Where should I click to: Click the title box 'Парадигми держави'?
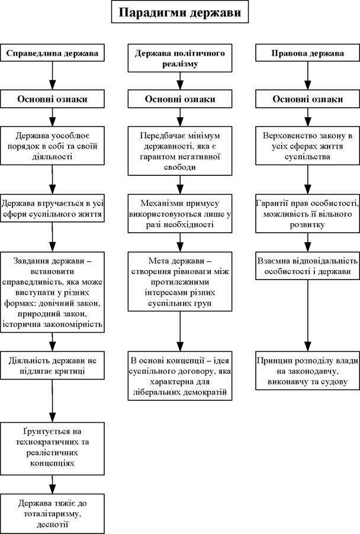coord(180,12)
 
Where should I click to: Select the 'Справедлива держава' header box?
coord(52,53)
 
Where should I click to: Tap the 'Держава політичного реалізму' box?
coord(180,58)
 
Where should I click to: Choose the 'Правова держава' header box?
coord(307,53)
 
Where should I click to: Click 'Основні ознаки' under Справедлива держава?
coord(52,99)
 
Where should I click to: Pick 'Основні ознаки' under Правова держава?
coord(307,99)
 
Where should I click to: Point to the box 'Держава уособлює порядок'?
coord(52,146)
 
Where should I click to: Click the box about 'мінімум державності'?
coord(180,151)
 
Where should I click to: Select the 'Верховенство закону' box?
coord(307,146)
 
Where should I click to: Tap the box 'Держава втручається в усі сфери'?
coord(52,208)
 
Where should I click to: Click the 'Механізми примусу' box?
coord(180,214)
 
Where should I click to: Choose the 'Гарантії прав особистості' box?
coord(307,214)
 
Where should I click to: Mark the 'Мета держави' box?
coord(180,282)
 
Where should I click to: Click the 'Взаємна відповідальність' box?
coord(307,266)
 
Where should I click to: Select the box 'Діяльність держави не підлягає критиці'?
coord(52,365)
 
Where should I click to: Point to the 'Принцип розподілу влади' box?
coord(307,371)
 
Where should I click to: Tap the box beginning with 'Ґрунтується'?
coord(52,449)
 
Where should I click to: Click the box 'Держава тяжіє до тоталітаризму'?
coord(52,513)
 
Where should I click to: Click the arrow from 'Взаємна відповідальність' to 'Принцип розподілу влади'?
coord(307,316)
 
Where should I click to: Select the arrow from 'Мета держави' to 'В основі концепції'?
coord(180,332)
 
